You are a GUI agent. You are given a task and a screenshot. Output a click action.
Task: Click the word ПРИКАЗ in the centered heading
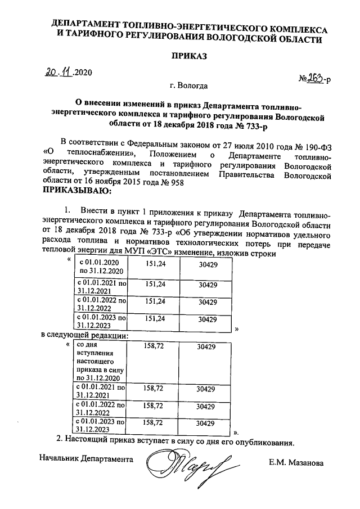[x=188, y=57]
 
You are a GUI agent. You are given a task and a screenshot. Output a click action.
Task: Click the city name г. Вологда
[x=188, y=87]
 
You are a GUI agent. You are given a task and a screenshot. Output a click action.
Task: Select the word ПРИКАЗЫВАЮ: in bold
[x=77, y=191]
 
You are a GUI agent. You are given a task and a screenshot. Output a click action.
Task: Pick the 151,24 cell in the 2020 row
[x=155, y=263]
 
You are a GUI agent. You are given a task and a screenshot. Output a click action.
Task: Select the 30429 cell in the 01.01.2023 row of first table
[x=207, y=319]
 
